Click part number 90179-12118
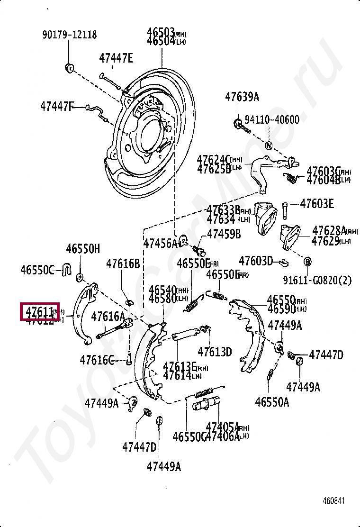(x=69, y=35)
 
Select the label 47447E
(x=116, y=58)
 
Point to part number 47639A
(x=242, y=97)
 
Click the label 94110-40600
(x=272, y=119)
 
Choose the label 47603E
(x=316, y=204)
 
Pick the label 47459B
(x=224, y=234)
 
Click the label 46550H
(x=83, y=249)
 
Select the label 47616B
(x=123, y=263)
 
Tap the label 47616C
(x=97, y=360)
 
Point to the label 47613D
(x=215, y=352)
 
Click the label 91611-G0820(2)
(x=317, y=280)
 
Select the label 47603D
(x=256, y=261)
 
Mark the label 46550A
(x=271, y=402)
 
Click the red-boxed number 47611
(x=39, y=311)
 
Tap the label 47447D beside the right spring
(x=326, y=355)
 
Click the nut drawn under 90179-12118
(x=69, y=67)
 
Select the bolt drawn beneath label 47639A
(x=239, y=126)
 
